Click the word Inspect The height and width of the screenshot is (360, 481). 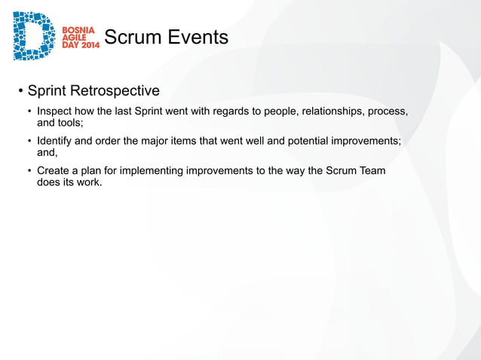tap(55, 112)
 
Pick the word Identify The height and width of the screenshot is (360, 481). tap(56, 142)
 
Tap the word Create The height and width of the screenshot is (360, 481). tap(54, 171)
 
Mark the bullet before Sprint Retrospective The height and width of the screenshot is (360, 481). tap(21, 92)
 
